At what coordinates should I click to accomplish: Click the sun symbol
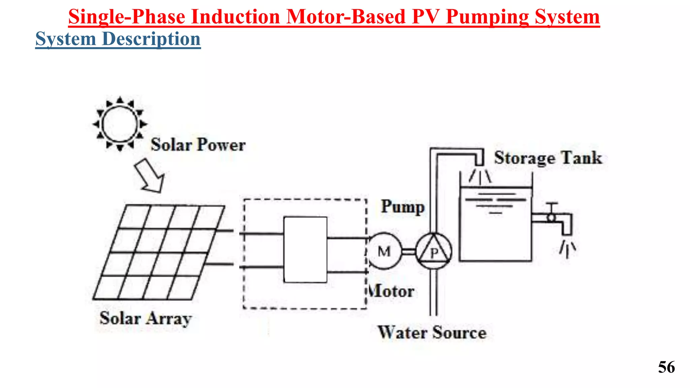click(120, 124)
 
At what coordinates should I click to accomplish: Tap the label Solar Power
click(198, 145)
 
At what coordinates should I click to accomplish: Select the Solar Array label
click(146, 319)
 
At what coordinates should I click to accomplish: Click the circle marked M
click(384, 251)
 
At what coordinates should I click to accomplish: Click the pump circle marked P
click(434, 251)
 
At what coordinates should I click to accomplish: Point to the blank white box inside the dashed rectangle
click(305, 250)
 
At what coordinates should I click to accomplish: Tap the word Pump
click(403, 207)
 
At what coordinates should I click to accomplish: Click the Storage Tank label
click(548, 158)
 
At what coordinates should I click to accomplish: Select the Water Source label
click(432, 333)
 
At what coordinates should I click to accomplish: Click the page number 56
click(666, 367)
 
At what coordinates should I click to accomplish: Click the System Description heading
click(118, 39)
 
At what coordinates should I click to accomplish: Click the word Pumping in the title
click(487, 17)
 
